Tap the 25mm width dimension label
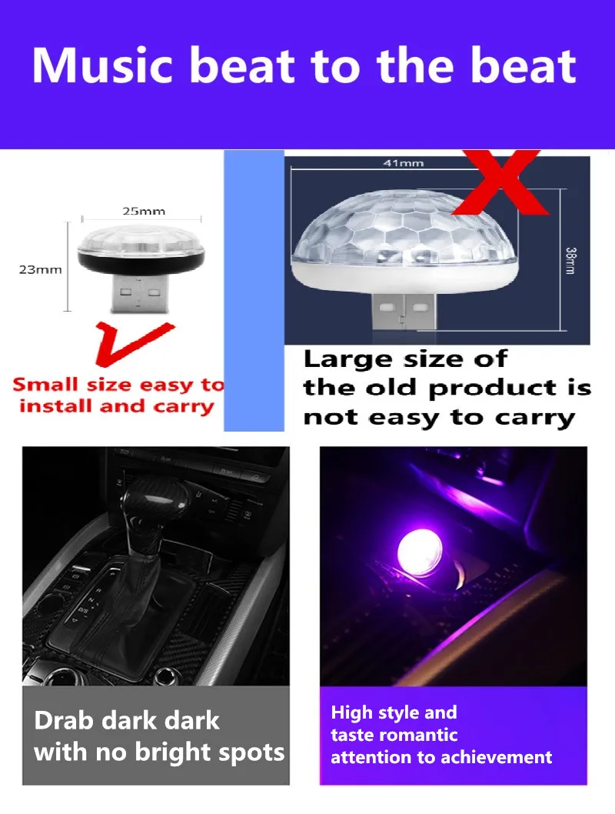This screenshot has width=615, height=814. [144, 212]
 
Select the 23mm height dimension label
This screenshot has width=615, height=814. [40, 269]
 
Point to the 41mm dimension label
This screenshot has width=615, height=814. [404, 163]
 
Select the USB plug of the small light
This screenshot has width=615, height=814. [140, 294]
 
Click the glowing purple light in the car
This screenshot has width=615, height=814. [420, 553]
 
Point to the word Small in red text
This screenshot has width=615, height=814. [45, 384]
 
